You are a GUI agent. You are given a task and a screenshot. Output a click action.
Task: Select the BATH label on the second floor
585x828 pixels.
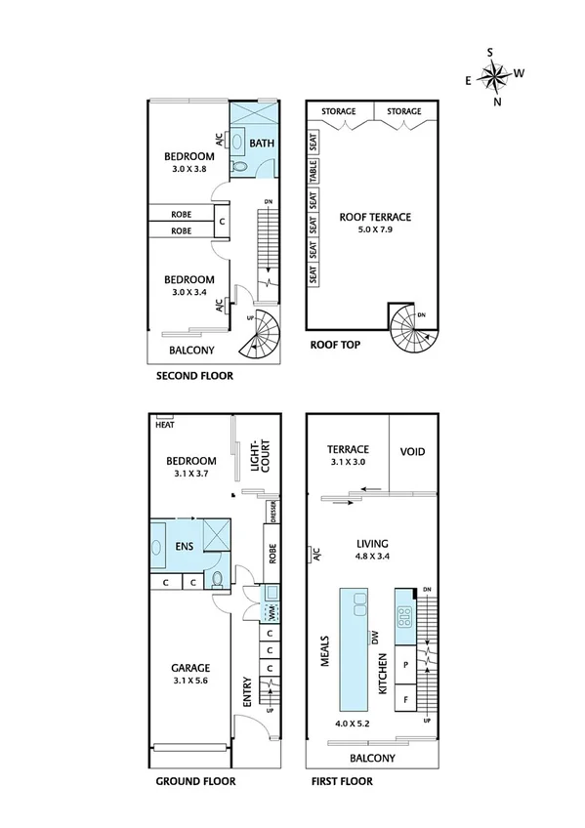[262, 144]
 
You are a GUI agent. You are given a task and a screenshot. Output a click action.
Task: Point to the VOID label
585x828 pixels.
[413, 451]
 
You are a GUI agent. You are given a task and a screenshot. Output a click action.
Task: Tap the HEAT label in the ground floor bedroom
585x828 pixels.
[164, 424]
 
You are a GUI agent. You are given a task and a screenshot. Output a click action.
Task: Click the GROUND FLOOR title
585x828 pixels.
[196, 782]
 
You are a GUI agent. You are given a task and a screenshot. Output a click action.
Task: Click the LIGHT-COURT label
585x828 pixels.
[257, 457]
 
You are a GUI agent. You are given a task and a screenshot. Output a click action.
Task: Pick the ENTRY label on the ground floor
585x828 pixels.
[247, 690]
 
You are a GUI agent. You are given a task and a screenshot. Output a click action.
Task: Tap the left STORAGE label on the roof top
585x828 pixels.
[339, 111]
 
